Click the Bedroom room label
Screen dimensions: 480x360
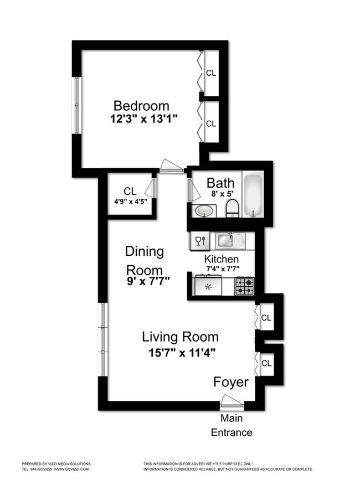point(141,106)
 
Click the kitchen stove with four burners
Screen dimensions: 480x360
point(244,286)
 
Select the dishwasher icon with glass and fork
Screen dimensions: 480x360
point(199,240)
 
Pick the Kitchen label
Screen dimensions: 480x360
point(222,259)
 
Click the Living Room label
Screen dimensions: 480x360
point(180,337)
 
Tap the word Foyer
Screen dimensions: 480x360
point(231,383)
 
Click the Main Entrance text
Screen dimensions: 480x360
point(232,425)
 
